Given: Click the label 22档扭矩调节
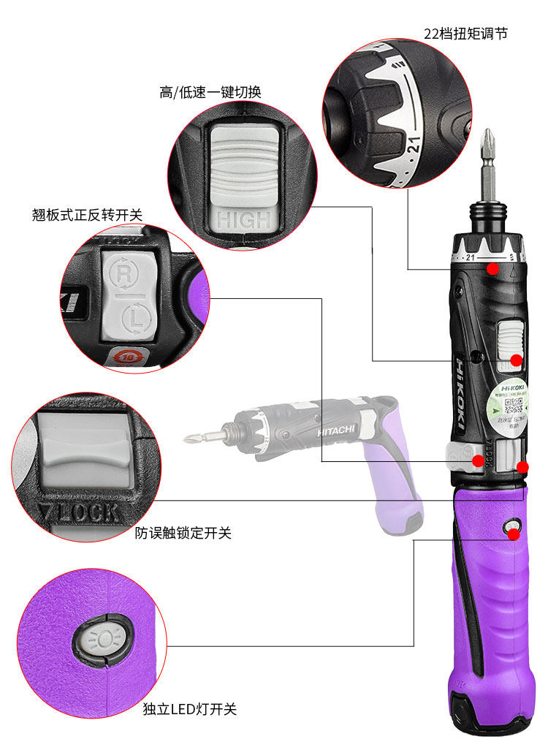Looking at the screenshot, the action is click(x=465, y=34).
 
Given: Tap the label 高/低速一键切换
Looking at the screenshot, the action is click(x=210, y=93).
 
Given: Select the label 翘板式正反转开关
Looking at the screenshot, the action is click(x=87, y=214).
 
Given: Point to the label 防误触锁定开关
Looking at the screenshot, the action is click(x=183, y=534).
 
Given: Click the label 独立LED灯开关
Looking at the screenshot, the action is click(x=190, y=709).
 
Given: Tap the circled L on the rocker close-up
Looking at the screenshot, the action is click(x=136, y=318).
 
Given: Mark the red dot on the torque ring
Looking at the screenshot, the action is click(x=493, y=269).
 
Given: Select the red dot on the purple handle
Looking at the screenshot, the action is click(x=514, y=534).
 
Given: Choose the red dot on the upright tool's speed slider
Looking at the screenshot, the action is click(x=516, y=360).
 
